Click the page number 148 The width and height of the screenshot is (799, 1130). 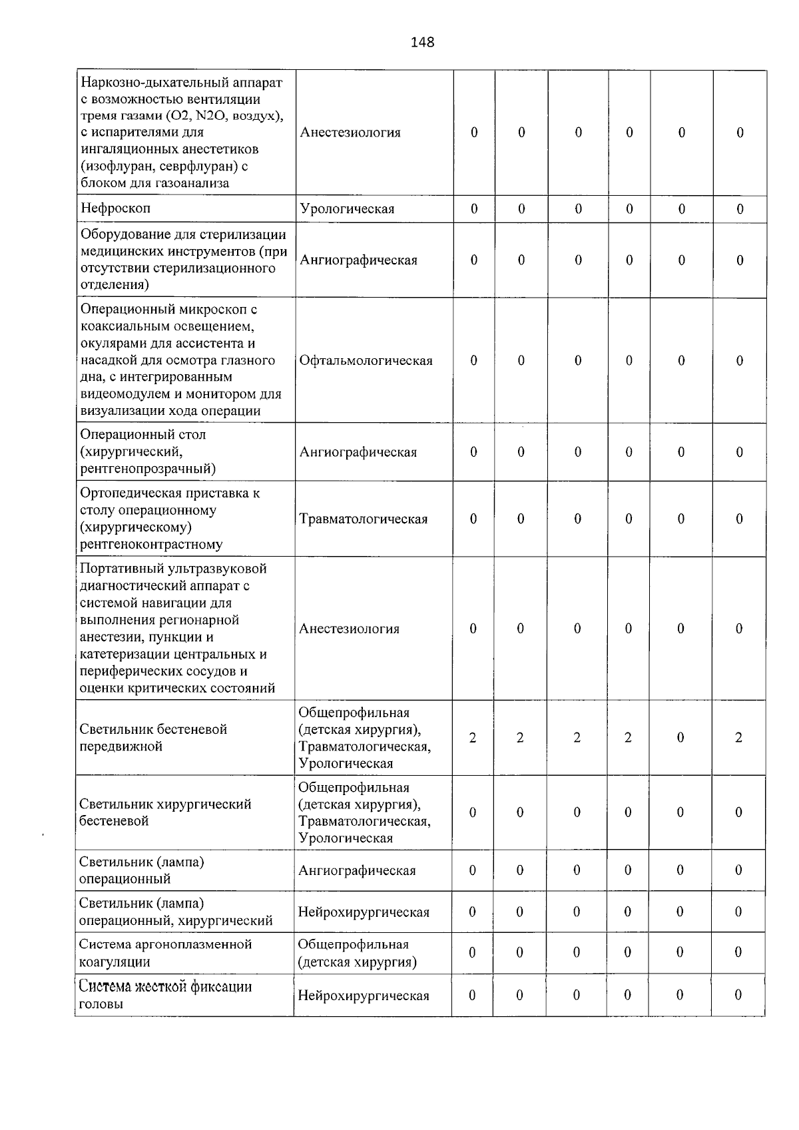pos(422,42)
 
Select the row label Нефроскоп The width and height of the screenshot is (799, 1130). pos(116,208)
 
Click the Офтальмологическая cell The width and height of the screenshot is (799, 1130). pos(366,360)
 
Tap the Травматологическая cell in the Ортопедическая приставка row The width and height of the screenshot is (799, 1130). pos(363,519)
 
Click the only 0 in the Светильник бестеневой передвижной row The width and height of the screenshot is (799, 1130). pos(680,737)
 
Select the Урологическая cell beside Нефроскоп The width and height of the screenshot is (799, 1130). pos(347,209)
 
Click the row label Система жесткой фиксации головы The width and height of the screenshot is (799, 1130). pos(165,995)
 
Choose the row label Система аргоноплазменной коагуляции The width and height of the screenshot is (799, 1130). pos(165,953)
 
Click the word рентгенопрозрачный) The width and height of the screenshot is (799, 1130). pos(148,469)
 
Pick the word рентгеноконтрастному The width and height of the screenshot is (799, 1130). pos(151,544)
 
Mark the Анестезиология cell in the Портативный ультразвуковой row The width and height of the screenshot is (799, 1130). pos(349,629)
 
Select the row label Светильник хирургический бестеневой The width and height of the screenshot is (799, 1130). pos(165,812)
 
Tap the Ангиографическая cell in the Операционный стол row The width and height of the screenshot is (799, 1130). pos(358,452)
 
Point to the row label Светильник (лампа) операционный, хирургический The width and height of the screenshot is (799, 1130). pos(176,912)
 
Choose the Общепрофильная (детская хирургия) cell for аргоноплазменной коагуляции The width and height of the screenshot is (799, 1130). pos(357,953)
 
